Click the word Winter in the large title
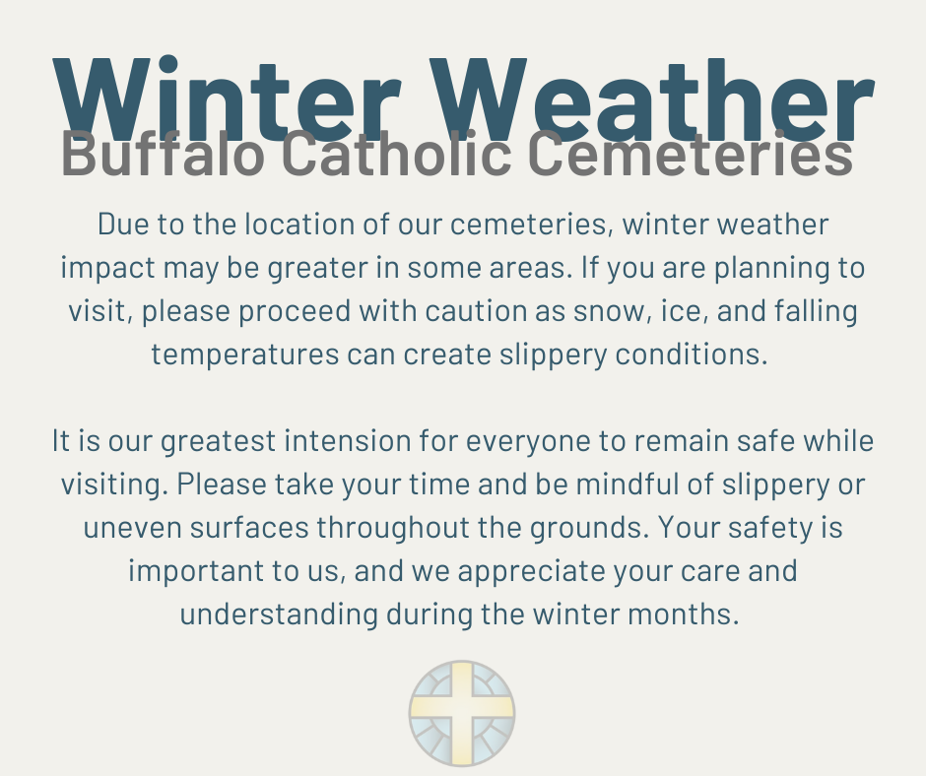click(228, 98)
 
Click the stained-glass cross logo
click(462, 713)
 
